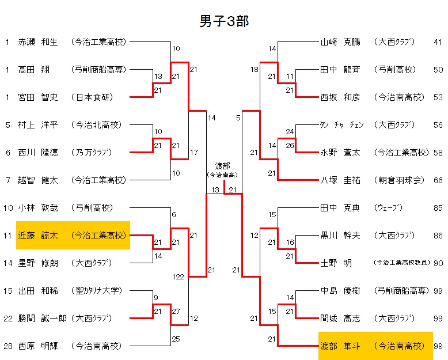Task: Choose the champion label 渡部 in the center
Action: coord(223,166)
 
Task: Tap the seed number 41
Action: coord(438,42)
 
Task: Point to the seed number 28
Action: coord(7,346)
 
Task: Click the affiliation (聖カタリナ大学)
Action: coord(97,291)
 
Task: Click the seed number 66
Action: coord(438,180)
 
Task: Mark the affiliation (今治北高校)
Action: coord(97,125)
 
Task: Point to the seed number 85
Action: coord(438,207)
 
